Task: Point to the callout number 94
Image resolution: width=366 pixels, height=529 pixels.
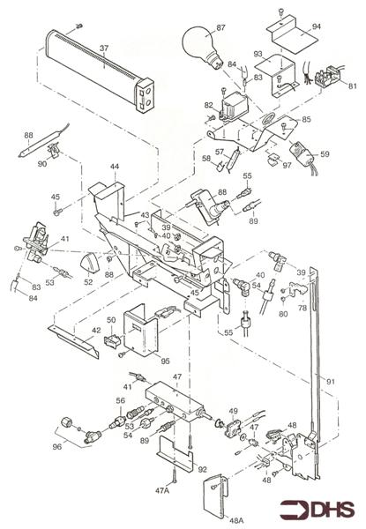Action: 316,27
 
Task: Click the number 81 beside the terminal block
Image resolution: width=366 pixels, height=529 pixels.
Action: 352,85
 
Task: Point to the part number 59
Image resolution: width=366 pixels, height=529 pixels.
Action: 325,154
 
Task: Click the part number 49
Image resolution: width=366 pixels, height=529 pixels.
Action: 234,412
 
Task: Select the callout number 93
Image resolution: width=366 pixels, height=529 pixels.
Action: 259,55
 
